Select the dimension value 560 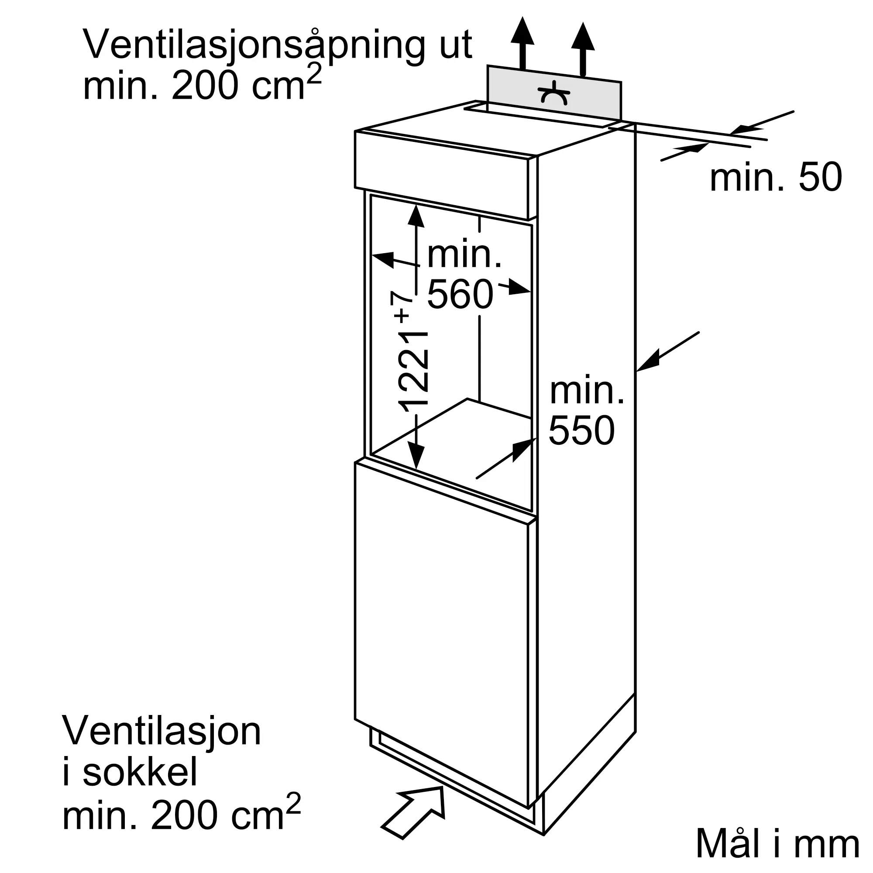[x=460, y=295]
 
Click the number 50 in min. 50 [x=820, y=178]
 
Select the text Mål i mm [x=777, y=843]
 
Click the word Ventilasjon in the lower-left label [x=162, y=731]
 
